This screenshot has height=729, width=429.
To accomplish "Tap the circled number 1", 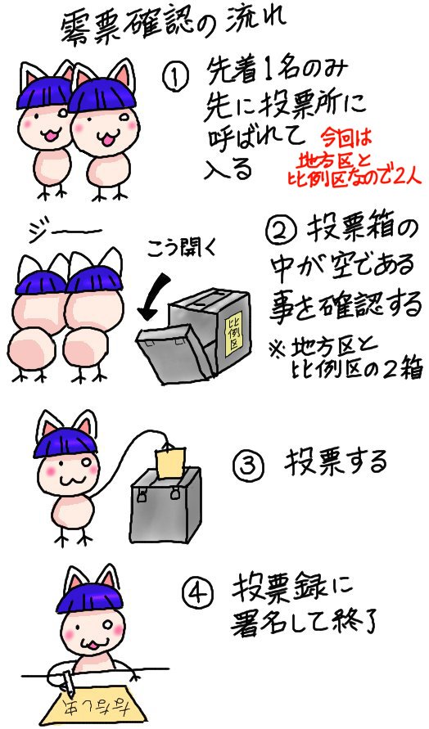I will (175, 79).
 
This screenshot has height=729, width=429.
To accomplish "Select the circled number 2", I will (282, 232).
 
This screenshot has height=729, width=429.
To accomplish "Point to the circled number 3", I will (247, 465).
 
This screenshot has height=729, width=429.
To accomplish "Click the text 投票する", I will (335, 463).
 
